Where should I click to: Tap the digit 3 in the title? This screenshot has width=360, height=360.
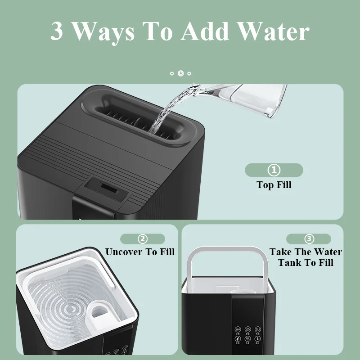[x=57, y=31]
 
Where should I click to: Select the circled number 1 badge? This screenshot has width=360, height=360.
[x=274, y=170]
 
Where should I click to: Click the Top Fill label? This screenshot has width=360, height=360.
[x=274, y=184]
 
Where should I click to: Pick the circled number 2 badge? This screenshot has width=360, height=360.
[x=142, y=239]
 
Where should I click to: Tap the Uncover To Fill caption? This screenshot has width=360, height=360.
[x=140, y=252]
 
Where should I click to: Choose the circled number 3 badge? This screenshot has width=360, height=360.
[x=309, y=239]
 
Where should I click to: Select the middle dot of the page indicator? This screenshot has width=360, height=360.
[x=180, y=73]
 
